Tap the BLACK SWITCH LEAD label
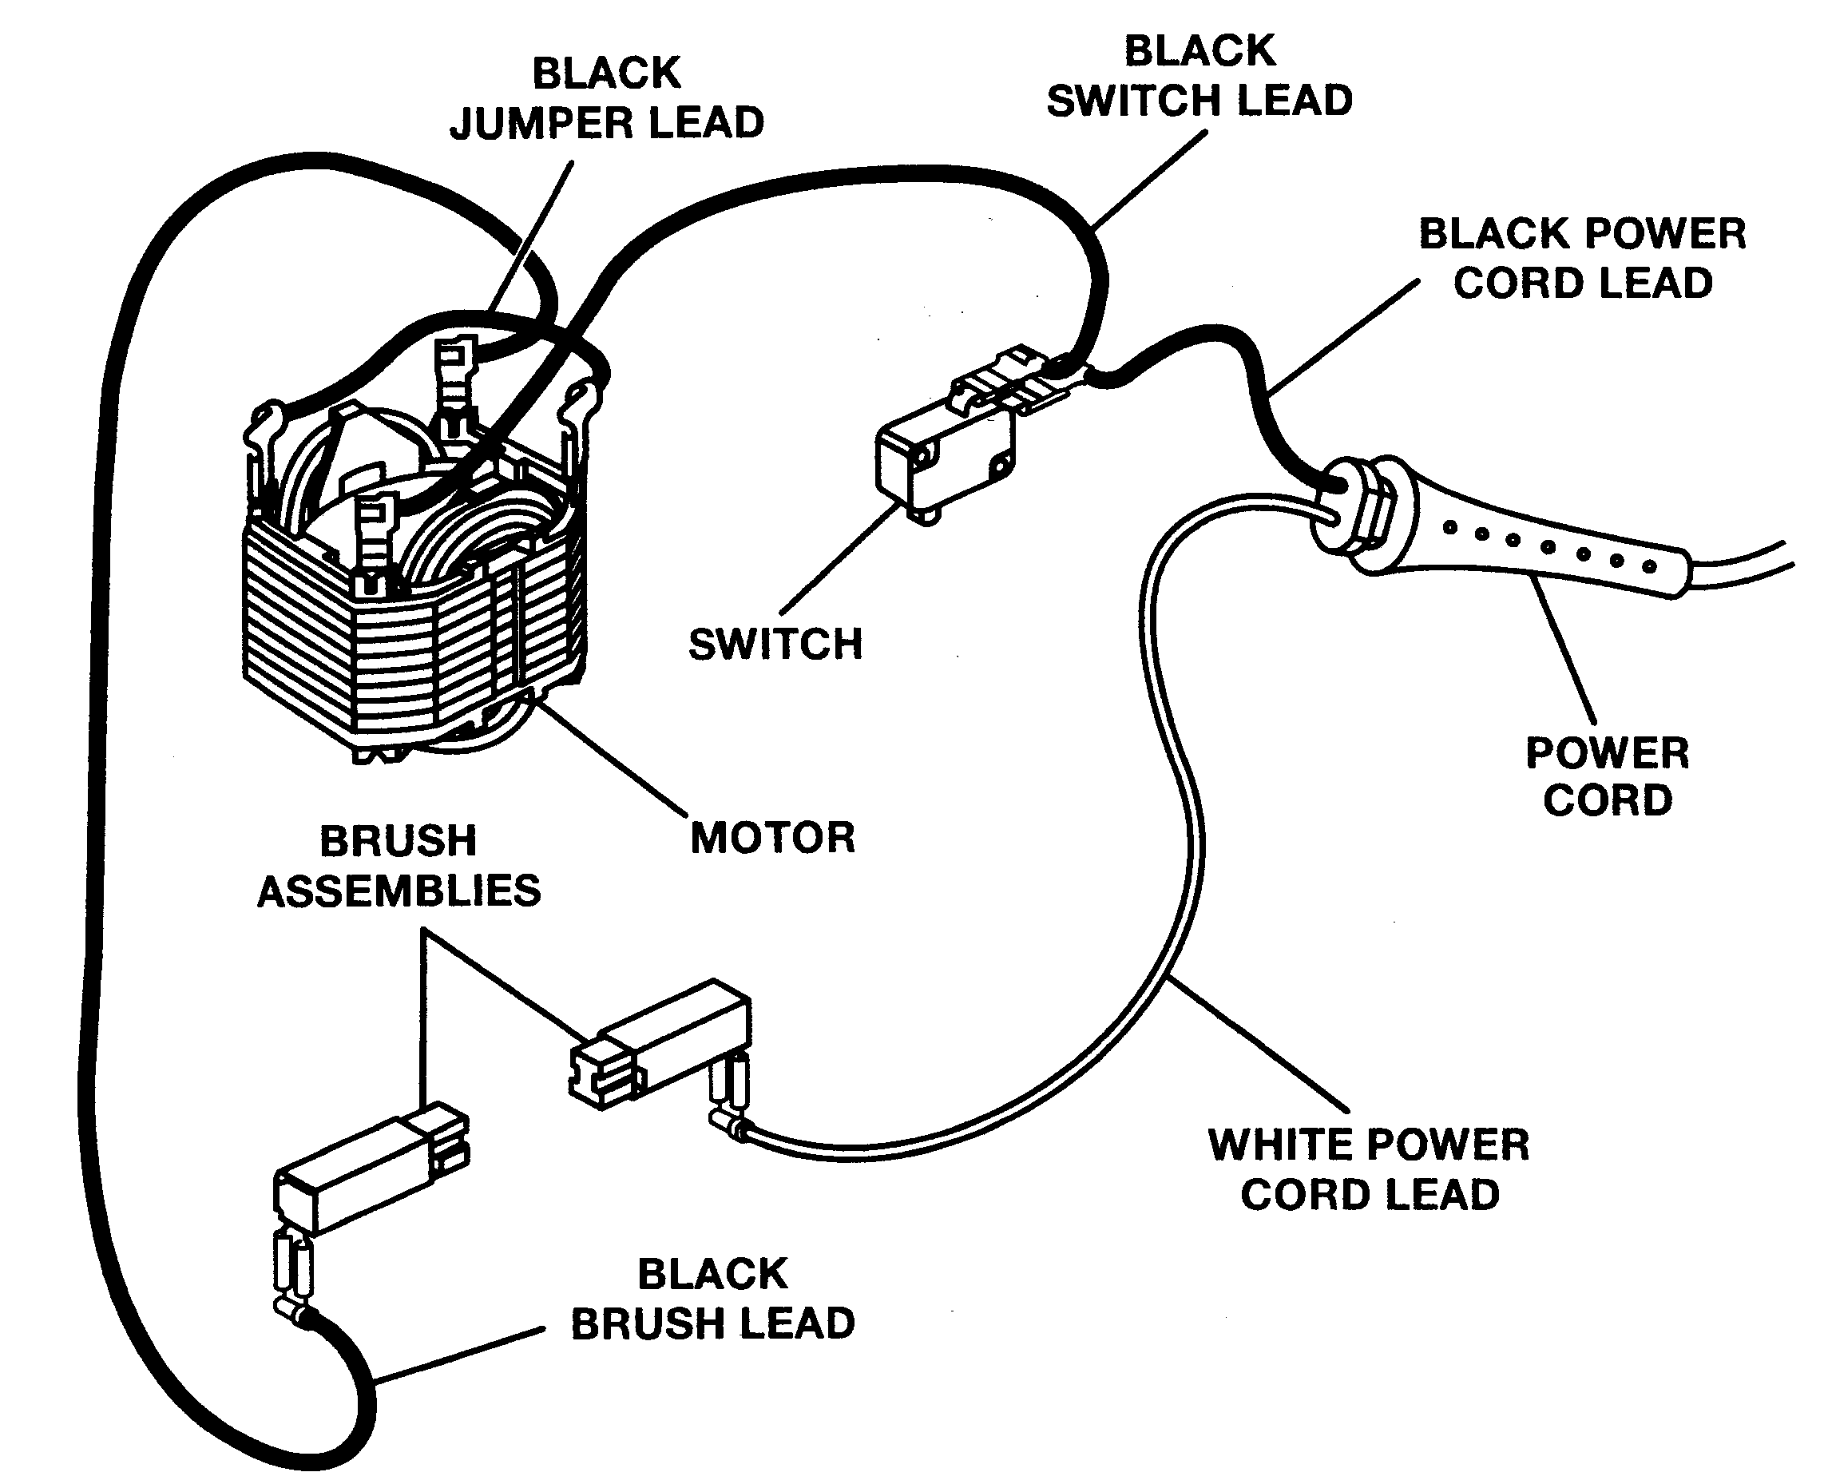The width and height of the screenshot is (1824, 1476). tap(1199, 76)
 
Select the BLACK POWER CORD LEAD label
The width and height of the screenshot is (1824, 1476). tap(1582, 259)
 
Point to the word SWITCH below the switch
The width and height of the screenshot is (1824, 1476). tap(775, 645)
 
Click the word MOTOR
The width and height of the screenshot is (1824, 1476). tap(772, 839)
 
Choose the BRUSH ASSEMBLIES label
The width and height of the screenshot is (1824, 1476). tap(399, 867)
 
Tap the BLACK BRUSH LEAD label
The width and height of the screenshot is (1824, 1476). tap(712, 1299)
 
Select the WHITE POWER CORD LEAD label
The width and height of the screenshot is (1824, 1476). tap(1369, 1169)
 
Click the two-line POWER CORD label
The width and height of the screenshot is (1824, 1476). tap(1608, 777)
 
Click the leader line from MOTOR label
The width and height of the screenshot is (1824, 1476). tap(612, 756)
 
